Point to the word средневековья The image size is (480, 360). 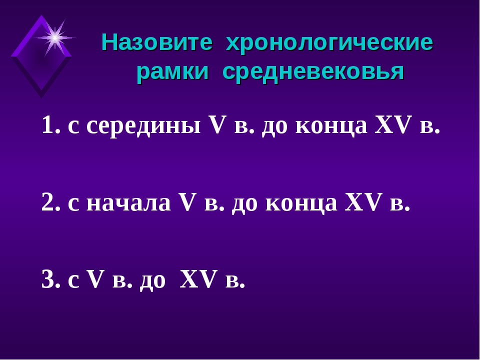pos(313,73)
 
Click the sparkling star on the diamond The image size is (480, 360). pos(55,38)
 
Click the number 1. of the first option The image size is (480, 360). pos(51,125)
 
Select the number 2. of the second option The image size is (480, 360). pos(51,202)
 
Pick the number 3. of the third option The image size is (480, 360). pos(51,279)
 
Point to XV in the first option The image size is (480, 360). pos(392,125)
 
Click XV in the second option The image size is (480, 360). pos(362,202)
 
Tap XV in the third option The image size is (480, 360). pos(197,279)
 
